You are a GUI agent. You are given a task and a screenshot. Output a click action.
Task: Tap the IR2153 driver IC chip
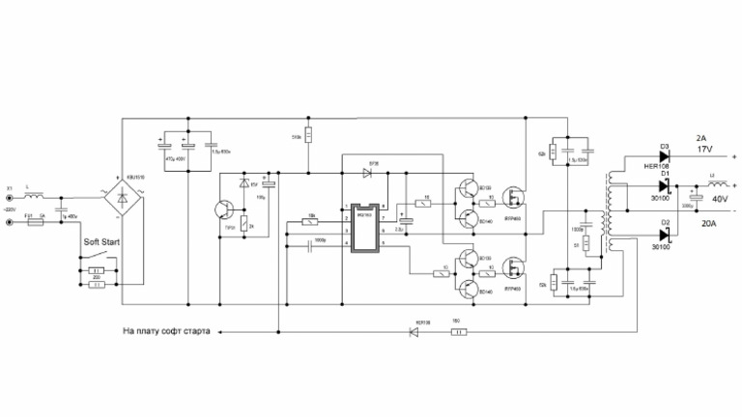tap(365, 229)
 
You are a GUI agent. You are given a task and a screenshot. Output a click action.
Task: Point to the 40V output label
tap(719, 200)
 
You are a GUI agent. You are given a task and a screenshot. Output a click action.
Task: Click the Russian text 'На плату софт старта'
tap(166, 331)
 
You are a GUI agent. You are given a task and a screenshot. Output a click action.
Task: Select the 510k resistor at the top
tap(307, 135)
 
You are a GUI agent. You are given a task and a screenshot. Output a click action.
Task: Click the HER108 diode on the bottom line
tap(415, 332)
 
